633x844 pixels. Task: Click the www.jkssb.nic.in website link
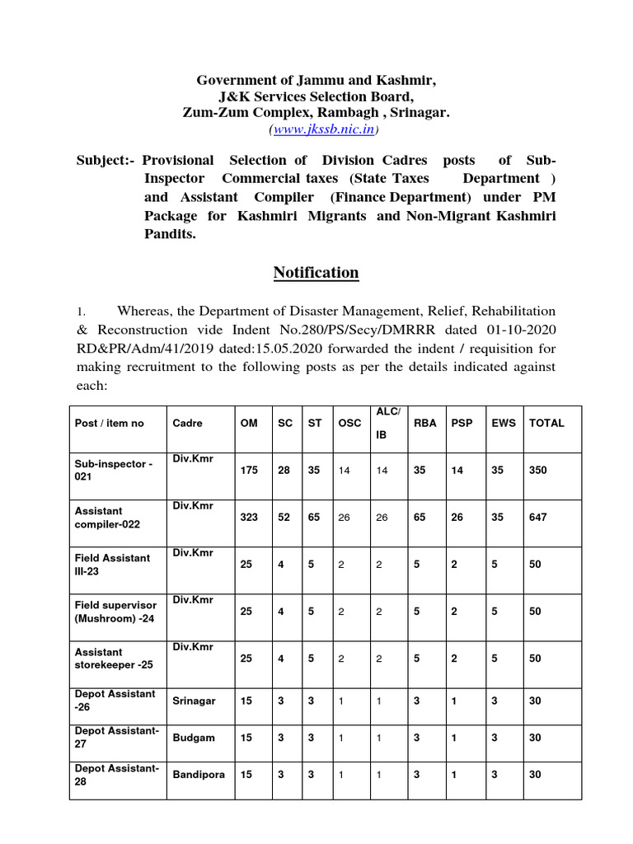coord(324,129)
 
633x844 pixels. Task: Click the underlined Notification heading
coord(316,273)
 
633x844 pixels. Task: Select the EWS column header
coord(504,423)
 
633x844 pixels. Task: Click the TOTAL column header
coord(546,423)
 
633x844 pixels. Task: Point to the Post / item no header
coord(109,423)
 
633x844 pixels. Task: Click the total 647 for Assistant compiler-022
coord(538,517)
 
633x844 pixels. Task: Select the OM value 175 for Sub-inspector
coord(249,470)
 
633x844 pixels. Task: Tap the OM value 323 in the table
coord(249,517)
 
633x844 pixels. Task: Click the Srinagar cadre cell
coord(195,701)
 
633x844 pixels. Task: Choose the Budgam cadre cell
coord(194,738)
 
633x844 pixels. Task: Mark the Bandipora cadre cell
coord(199,775)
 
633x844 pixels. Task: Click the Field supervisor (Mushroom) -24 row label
coord(115,611)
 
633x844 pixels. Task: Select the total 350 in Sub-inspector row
coord(538,470)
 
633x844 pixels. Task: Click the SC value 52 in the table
coord(284,517)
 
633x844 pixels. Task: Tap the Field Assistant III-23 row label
coord(112,564)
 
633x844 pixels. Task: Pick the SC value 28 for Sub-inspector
coord(284,470)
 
